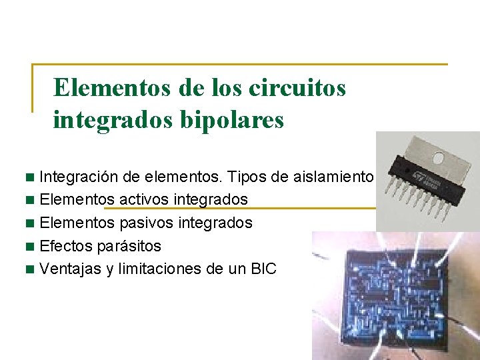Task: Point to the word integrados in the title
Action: [107, 120]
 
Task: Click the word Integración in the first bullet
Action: [75, 177]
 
